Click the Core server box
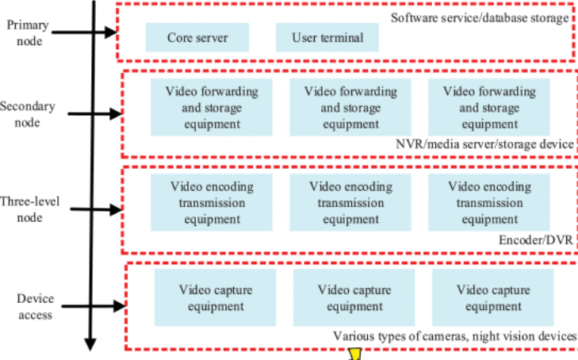pos(197,37)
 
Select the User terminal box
pos(327,37)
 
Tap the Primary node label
pos(28,33)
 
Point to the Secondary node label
pos(28,114)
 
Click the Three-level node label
pos(29,209)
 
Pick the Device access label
pos(36,306)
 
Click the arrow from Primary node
pos(84,33)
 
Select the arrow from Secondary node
pos(95,114)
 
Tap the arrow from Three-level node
pos(96,209)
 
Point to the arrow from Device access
pos(94,306)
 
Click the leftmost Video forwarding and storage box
pos(212,107)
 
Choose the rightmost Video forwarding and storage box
pos(489,107)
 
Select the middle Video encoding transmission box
pos(350,203)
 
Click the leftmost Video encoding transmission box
pos(212,203)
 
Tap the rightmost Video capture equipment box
pos(493,297)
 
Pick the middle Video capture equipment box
pos(354,297)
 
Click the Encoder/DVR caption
pos(536,240)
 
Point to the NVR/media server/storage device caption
pos(484,144)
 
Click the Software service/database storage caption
pos(480,17)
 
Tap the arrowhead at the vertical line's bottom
pos(90,344)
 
